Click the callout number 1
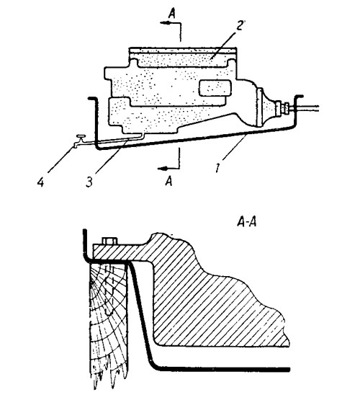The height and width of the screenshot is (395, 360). (x=217, y=168)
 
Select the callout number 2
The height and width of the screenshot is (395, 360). (x=240, y=25)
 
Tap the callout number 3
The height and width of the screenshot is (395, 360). (x=89, y=182)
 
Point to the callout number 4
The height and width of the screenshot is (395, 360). (x=40, y=182)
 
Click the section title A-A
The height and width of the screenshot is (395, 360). (x=247, y=222)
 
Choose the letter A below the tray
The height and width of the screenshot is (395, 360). (x=169, y=181)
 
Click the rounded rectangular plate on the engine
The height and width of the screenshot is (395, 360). (x=215, y=88)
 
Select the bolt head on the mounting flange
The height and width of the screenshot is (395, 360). (x=109, y=241)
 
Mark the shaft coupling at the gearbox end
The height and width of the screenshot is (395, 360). (x=283, y=108)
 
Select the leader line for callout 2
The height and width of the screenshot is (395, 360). (x=223, y=45)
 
